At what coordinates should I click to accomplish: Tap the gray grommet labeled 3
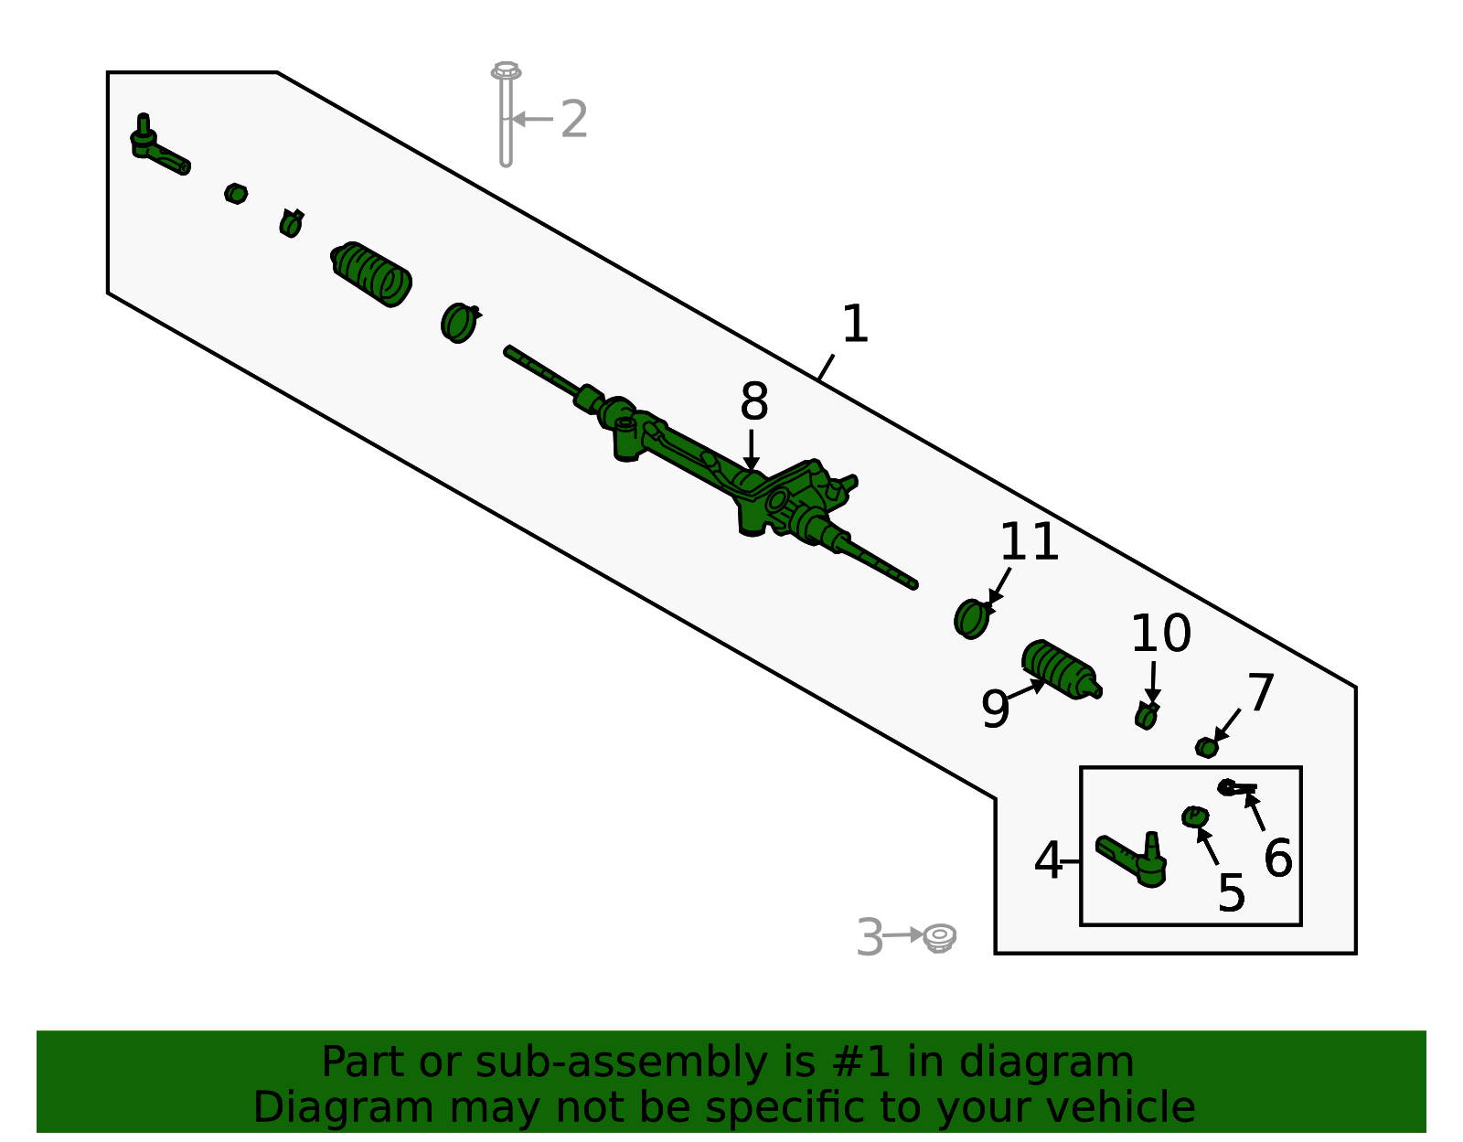click(939, 937)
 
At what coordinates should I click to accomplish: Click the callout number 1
click(855, 324)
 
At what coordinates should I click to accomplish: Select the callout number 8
click(754, 401)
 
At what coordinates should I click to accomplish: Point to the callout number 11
click(1030, 541)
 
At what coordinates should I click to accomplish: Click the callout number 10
click(1161, 634)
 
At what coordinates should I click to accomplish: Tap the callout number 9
click(996, 709)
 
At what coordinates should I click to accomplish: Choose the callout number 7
click(1261, 692)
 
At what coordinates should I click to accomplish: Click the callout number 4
click(1048, 860)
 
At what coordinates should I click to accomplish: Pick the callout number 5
click(1232, 893)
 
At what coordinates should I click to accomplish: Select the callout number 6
click(1278, 858)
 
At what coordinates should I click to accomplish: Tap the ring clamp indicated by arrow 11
click(971, 618)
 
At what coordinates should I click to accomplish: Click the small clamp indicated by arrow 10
click(1146, 715)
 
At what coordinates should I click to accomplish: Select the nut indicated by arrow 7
click(1206, 747)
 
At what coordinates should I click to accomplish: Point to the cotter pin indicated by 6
click(1237, 786)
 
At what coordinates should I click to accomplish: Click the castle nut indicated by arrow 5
click(1194, 817)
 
